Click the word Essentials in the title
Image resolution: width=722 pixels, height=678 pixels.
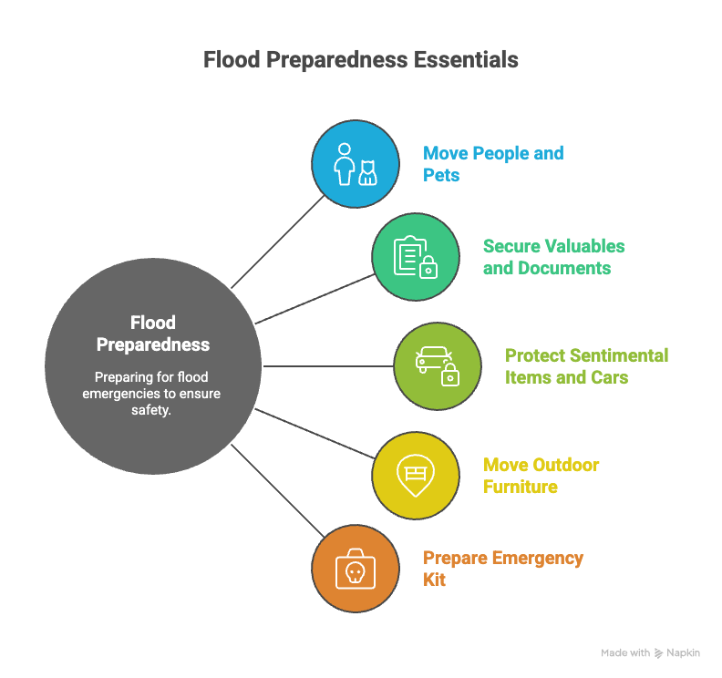pyautogui.click(x=466, y=60)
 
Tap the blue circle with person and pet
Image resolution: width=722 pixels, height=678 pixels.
pyautogui.click(x=355, y=164)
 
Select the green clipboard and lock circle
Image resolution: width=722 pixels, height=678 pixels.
pyautogui.click(x=416, y=257)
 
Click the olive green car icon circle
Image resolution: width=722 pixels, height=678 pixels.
pyautogui.click(x=438, y=366)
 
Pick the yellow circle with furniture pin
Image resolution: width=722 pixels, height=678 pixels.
pyautogui.click(x=416, y=476)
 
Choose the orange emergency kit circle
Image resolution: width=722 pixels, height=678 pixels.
pyautogui.click(x=355, y=569)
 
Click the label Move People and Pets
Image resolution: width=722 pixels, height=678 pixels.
pyautogui.click(x=493, y=164)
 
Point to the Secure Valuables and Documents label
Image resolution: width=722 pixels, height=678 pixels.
pyautogui.click(x=554, y=257)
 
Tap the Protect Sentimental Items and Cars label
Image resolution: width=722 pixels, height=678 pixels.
pyautogui.click(x=587, y=366)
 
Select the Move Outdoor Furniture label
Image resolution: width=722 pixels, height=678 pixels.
pyautogui.click(x=541, y=476)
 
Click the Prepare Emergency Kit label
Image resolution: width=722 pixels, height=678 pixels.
pyautogui.click(x=503, y=569)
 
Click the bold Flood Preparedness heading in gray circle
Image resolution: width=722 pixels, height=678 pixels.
pyautogui.click(x=153, y=334)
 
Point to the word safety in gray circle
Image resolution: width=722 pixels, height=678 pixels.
pyautogui.click(x=151, y=410)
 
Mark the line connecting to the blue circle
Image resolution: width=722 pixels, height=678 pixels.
pyautogui.click(x=278, y=242)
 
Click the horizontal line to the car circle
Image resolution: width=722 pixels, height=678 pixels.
pyautogui.click(x=328, y=366)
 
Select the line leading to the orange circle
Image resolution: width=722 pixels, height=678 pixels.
pyautogui.click(x=278, y=490)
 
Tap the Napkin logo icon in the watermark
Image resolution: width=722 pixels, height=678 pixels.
pyautogui.click(x=658, y=653)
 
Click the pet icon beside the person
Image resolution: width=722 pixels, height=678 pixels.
pyautogui.click(x=368, y=172)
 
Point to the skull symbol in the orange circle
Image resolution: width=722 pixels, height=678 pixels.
pyautogui.click(x=355, y=572)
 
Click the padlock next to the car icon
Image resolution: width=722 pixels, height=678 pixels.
pyautogui.click(x=450, y=375)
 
